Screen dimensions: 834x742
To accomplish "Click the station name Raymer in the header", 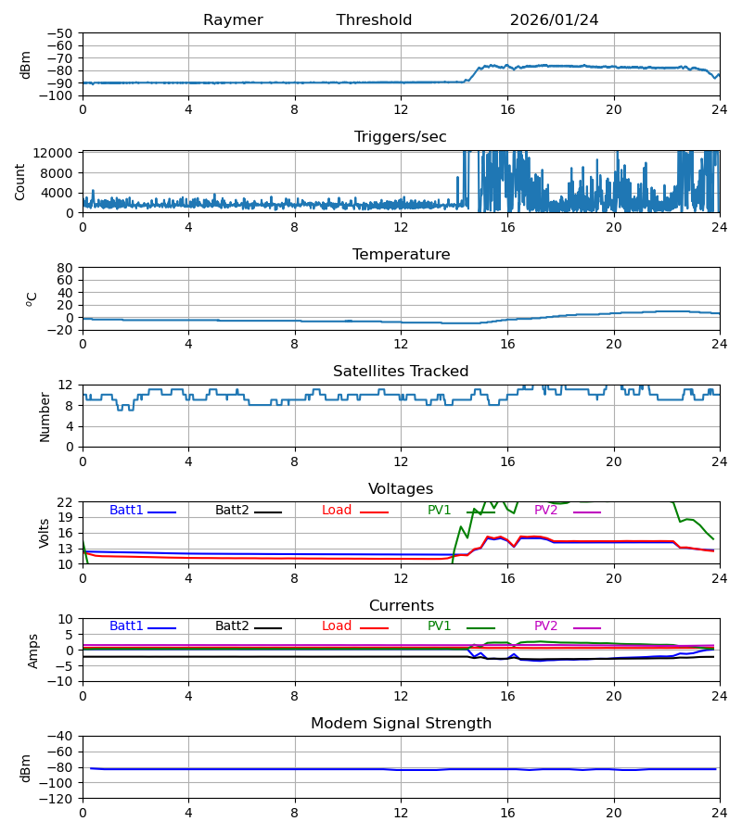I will point(233,20).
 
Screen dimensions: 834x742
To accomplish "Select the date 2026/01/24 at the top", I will point(554,20).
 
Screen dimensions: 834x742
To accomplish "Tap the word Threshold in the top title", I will point(374,20).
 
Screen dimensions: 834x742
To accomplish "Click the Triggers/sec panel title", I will point(401,137).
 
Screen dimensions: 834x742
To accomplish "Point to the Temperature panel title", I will point(401,255).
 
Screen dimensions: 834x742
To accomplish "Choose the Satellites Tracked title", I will point(401,372).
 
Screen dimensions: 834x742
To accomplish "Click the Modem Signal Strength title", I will point(401,724).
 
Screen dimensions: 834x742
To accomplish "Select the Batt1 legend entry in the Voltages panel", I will point(127,511).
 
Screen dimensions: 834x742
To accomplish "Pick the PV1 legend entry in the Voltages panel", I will point(440,511).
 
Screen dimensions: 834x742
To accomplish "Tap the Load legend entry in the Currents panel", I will point(337,626).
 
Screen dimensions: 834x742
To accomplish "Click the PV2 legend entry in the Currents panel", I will point(546,626).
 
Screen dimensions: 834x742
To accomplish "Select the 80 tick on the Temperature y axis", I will point(66,268).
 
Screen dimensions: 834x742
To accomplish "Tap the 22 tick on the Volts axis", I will point(66,502).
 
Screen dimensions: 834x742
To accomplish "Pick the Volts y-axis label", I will point(45,533).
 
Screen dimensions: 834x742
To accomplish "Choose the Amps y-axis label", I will point(33,651).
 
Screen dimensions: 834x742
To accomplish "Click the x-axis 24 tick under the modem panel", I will point(720,814).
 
